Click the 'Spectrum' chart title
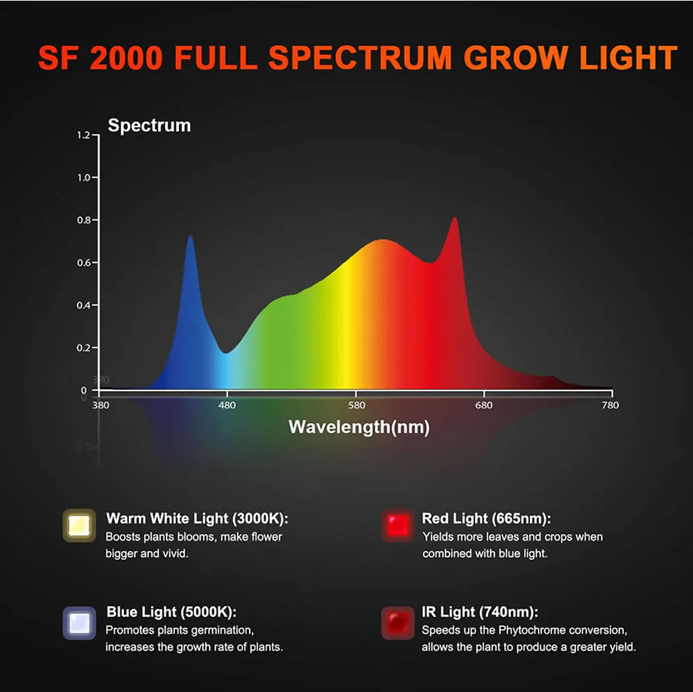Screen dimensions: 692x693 click(x=150, y=126)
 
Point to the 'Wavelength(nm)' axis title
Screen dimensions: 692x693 click(x=359, y=427)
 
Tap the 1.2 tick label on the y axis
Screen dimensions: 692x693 click(x=83, y=135)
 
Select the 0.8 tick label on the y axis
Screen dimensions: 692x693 click(x=83, y=221)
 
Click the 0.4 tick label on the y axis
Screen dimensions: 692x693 click(x=83, y=306)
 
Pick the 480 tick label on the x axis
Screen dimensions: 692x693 click(x=227, y=405)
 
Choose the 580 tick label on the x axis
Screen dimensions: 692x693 click(x=356, y=405)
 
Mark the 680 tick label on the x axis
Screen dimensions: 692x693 click(x=484, y=405)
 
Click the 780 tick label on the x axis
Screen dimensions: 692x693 click(x=610, y=405)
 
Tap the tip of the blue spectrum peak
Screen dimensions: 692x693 click(x=190, y=237)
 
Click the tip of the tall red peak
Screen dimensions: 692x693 click(x=455, y=218)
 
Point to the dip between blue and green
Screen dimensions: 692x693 click(x=226, y=352)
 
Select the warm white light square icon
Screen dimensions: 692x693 click(x=79, y=526)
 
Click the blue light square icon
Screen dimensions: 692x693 click(x=79, y=622)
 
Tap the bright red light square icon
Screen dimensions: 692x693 click(x=397, y=526)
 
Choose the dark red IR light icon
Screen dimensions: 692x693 click(x=397, y=622)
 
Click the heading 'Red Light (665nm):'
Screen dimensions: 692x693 click(x=486, y=519)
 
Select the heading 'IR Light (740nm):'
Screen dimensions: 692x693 click(x=480, y=612)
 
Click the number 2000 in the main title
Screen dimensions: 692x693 click(x=127, y=58)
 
